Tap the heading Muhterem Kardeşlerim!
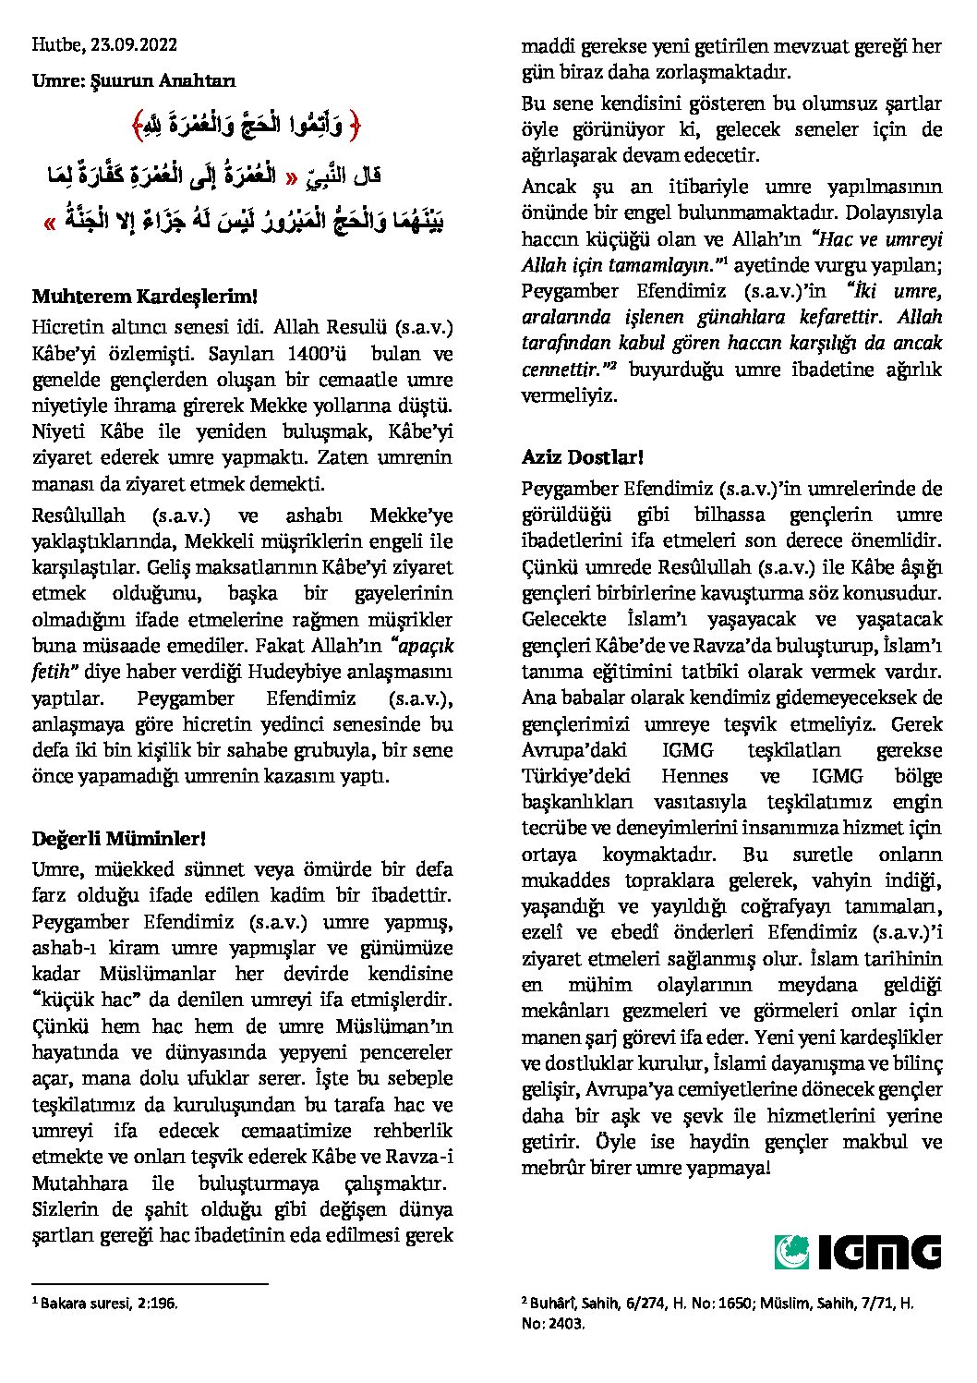143,297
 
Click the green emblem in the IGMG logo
791,1252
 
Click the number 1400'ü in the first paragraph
316,353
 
